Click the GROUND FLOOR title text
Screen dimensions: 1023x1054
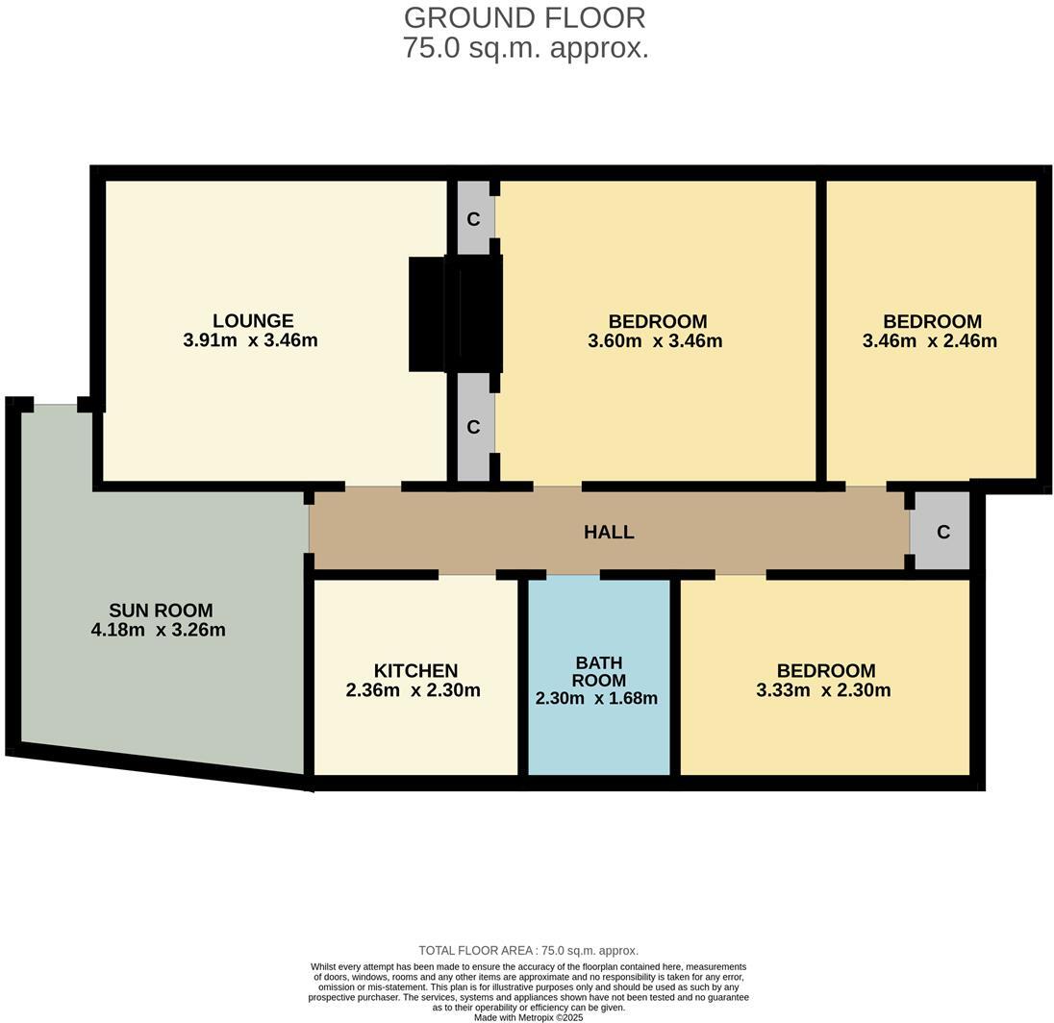tap(524, 18)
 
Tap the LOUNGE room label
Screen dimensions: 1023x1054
tap(253, 321)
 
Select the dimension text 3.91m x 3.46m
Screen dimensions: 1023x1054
tap(250, 340)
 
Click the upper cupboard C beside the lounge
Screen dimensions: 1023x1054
tap(473, 219)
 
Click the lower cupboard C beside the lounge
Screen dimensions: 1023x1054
tap(473, 427)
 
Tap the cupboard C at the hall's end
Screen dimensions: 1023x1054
tap(942, 532)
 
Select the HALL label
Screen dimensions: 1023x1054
tap(609, 532)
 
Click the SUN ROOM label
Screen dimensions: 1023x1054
tap(161, 611)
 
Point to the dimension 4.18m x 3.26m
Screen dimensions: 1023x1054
tap(158, 631)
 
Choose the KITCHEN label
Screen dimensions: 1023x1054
tap(415, 671)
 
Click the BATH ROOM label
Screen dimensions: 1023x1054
tap(598, 671)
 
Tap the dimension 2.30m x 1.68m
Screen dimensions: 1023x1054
tap(596, 699)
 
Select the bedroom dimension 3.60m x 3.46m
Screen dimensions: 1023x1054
tap(655, 341)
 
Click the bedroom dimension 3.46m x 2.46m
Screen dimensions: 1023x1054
tap(929, 341)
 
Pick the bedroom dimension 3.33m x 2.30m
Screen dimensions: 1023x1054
tap(823, 690)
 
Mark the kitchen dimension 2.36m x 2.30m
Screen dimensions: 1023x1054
tap(413, 690)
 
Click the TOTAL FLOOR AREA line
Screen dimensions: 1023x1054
tap(528, 951)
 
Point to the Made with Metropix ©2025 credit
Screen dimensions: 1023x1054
tap(528, 1017)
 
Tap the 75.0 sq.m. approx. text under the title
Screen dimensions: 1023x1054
tap(525, 48)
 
